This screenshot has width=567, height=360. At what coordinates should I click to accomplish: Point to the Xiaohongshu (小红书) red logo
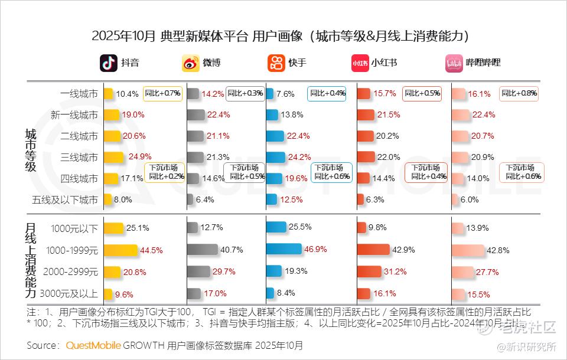click(360, 63)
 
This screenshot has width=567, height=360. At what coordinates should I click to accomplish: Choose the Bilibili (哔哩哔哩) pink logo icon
click(454, 63)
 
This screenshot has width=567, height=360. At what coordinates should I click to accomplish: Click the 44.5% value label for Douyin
click(151, 250)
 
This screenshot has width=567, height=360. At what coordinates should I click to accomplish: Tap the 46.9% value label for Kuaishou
click(315, 249)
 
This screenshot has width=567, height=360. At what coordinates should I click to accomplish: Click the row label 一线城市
click(79, 93)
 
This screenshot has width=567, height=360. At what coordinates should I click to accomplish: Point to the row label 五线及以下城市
click(65, 199)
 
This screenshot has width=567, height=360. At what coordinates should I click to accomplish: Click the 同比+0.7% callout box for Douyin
click(162, 93)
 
